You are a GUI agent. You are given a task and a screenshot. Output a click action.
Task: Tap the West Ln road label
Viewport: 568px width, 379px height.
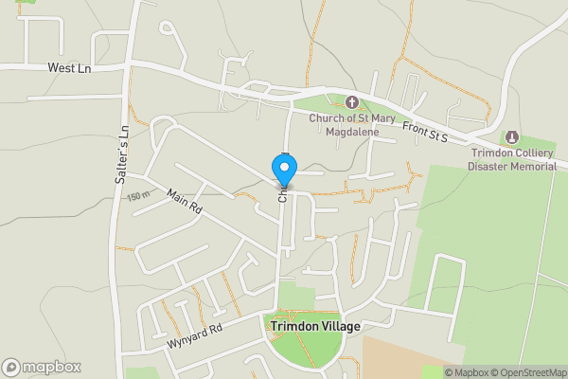point(69,69)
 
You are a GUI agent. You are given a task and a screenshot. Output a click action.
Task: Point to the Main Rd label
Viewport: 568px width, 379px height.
point(185,201)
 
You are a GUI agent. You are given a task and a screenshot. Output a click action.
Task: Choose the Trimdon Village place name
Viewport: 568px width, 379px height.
point(315,326)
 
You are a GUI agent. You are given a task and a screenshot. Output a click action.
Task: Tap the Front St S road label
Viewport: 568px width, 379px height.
point(424,133)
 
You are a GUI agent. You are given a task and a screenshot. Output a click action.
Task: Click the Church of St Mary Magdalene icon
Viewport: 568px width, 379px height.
point(351,101)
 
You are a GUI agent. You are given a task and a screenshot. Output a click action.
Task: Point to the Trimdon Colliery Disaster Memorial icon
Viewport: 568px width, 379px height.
point(513,138)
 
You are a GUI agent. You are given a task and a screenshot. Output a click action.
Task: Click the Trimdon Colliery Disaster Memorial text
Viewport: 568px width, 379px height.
point(512,159)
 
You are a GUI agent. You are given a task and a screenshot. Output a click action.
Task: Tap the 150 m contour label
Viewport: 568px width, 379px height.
point(138,196)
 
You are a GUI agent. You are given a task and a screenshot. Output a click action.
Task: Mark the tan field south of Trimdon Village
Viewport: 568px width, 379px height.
point(398,355)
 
